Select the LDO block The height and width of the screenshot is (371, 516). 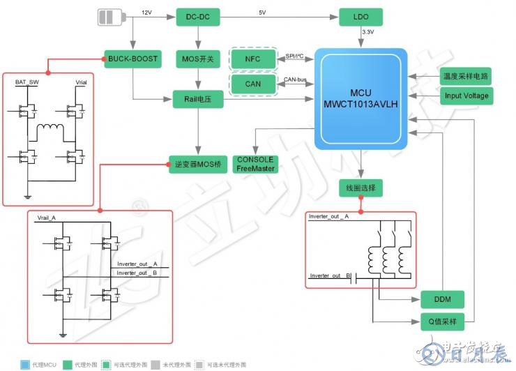tap(361, 17)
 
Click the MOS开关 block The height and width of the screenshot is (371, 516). tap(197, 59)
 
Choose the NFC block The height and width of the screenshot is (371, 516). tap(252, 59)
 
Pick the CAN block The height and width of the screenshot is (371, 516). tap(252, 84)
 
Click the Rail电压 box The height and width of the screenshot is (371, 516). tap(197, 100)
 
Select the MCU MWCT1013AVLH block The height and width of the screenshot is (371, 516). tap(360, 98)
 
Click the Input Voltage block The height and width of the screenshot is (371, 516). tap(466, 96)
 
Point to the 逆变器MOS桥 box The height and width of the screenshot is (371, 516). tap(197, 165)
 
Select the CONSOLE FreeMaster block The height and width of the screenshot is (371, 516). tap(256, 163)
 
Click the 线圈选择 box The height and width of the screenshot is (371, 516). tap(361, 188)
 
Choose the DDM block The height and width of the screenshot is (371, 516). tap(442, 299)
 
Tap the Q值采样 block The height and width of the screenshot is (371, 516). tap(442, 322)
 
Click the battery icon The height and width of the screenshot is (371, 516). tap(113, 17)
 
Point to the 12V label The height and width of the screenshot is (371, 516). tap(146, 13)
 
